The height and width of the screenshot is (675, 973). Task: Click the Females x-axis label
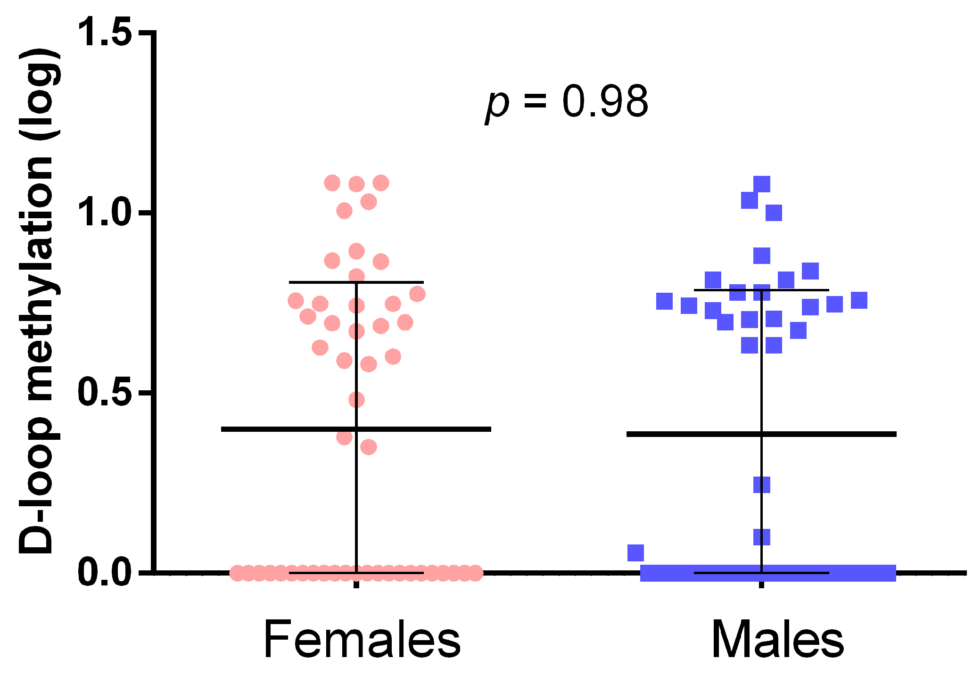tap(362, 639)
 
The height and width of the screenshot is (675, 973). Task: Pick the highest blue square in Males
tap(762, 184)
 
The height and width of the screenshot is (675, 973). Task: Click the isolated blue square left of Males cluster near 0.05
tap(635, 552)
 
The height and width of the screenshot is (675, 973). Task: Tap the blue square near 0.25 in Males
tap(762, 485)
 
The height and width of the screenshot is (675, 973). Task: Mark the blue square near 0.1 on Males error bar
tap(762, 537)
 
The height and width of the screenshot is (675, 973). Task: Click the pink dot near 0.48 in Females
tap(356, 400)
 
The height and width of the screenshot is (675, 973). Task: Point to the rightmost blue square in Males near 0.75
tap(859, 300)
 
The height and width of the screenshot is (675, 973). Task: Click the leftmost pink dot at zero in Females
tap(237, 573)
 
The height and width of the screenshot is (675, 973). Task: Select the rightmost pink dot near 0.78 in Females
tap(417, 295)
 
